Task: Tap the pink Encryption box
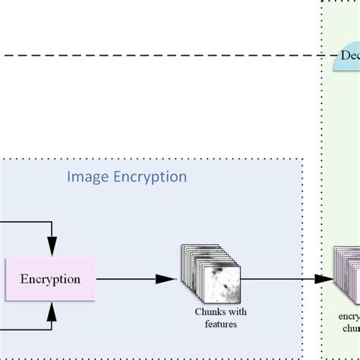click(50, 279)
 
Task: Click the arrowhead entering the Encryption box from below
click(52, 309)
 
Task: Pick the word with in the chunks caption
click(237, 312)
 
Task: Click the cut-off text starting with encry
click(349, 317)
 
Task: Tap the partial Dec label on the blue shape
click(349, 56)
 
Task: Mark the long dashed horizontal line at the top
click(152, 55)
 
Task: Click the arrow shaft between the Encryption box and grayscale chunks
click(125, 279)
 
